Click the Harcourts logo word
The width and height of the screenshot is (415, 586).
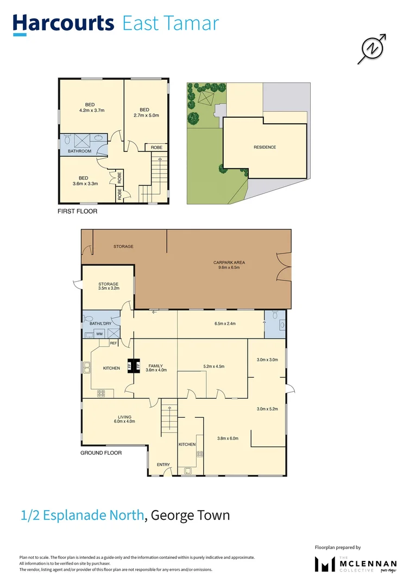point(64,24)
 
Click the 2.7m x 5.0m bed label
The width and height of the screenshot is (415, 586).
point(144,112)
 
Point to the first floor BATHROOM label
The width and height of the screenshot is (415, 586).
point(79,151)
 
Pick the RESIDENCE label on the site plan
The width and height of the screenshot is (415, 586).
point(265,147)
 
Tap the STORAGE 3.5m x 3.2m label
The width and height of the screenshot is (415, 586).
point(108,286)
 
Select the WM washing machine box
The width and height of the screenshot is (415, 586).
point(99,334)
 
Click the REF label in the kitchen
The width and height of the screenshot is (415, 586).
point(114,343)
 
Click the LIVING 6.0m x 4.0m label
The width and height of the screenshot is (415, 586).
point(124,419)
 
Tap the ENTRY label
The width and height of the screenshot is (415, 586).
point(163,464)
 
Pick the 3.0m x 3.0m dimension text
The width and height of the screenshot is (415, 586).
point(267,360)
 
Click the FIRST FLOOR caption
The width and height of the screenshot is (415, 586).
point(77,211)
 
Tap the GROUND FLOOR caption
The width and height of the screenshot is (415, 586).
point(101,453)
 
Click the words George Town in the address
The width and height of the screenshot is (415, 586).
point(190,515)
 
